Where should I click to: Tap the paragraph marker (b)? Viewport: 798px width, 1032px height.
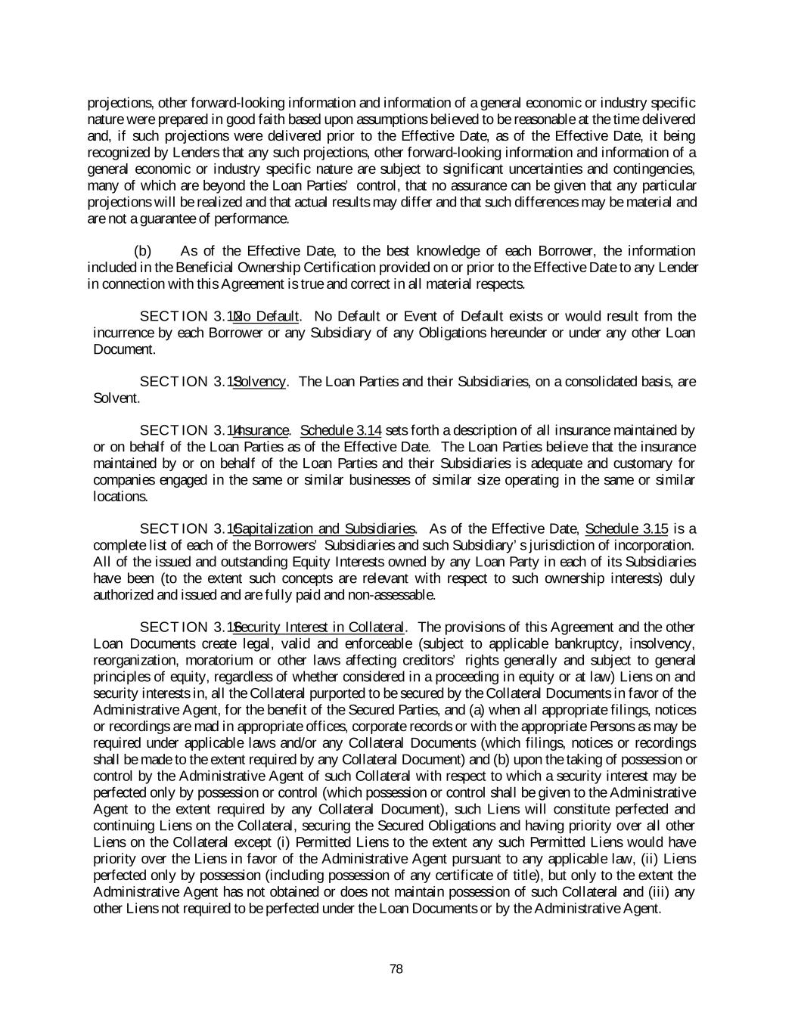coord(142,251)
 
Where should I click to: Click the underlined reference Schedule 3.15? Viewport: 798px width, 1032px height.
coord(627,528)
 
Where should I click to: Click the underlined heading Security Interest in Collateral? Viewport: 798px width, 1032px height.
coord(321,627)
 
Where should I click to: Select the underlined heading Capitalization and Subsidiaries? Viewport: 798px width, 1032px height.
coord(326,528)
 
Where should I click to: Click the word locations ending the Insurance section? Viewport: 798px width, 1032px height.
coord(120,497)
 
